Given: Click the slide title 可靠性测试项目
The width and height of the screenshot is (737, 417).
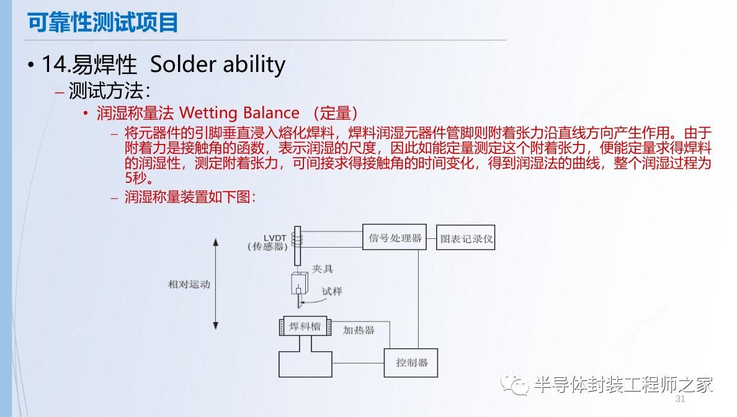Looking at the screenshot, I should pos(103,22).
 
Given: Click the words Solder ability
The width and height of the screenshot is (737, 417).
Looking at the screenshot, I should pos(218,64).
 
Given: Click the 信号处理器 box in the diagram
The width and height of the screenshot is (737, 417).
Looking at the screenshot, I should pos(395,238).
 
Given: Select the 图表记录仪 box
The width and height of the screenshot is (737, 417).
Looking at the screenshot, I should pos(466,238).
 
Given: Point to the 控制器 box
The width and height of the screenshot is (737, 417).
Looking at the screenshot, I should pos(411,362).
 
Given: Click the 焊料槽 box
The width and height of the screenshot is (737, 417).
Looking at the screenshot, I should pos(305,326).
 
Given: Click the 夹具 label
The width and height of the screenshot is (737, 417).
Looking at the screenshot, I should pos(322,269).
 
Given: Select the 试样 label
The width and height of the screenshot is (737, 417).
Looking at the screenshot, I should pos(332,291).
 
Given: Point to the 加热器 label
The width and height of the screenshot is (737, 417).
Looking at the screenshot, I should pos(359,330).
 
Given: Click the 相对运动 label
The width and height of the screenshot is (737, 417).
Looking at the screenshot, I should pos(189,284).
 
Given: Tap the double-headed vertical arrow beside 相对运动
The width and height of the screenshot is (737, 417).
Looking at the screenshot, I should pos(215,284).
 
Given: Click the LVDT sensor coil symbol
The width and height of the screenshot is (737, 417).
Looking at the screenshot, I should pos(298,237).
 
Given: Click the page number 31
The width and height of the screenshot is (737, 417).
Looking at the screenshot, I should pos(680,398).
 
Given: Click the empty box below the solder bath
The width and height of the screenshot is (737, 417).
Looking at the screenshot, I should pos(305,364).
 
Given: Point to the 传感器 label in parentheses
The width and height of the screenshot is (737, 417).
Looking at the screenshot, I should pos(268,247).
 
